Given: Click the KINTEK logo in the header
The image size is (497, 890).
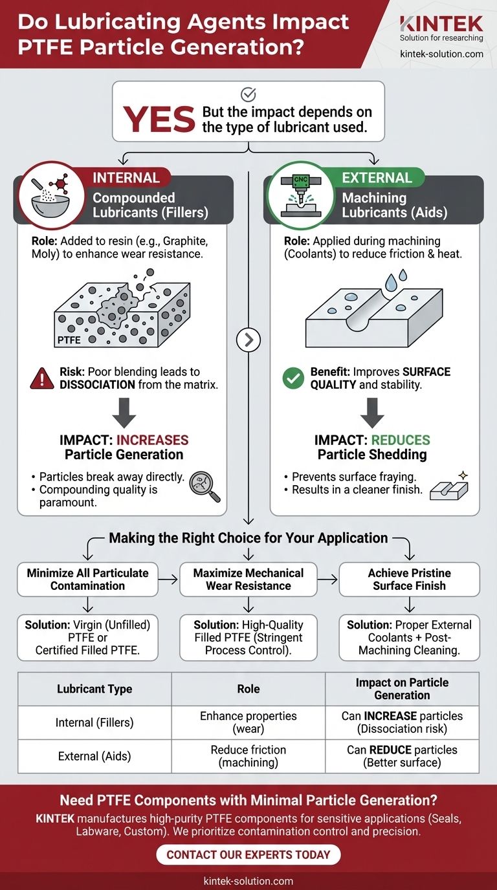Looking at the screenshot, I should click(x=441, y=24).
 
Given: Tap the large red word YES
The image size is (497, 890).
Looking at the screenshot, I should click(x=159, y=120).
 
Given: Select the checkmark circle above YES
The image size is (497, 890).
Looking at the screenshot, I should click(x=248, y=95).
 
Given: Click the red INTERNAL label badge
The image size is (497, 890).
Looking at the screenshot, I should click(x=126, y=178).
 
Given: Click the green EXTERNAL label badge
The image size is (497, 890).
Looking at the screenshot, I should click(x=377, y=178).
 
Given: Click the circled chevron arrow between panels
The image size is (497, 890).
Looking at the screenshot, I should click(x=248, y=340).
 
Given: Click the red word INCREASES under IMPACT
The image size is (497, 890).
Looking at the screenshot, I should click(x=152, y=440).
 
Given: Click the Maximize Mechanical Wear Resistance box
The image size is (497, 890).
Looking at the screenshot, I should click(x=248, y=579).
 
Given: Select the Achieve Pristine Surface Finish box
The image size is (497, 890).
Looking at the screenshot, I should click(x=409, y=579).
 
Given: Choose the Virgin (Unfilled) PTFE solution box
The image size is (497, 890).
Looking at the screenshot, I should click(x=87, y=637).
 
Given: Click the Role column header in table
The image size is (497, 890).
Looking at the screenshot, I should click(x=248, y=689).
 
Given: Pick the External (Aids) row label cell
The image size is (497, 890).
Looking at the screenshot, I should click(x=94, y=756).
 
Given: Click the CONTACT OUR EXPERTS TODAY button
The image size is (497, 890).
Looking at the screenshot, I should click(x=248, y=854).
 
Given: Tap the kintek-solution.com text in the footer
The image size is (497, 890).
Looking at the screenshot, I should click(x=248, y=881).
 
